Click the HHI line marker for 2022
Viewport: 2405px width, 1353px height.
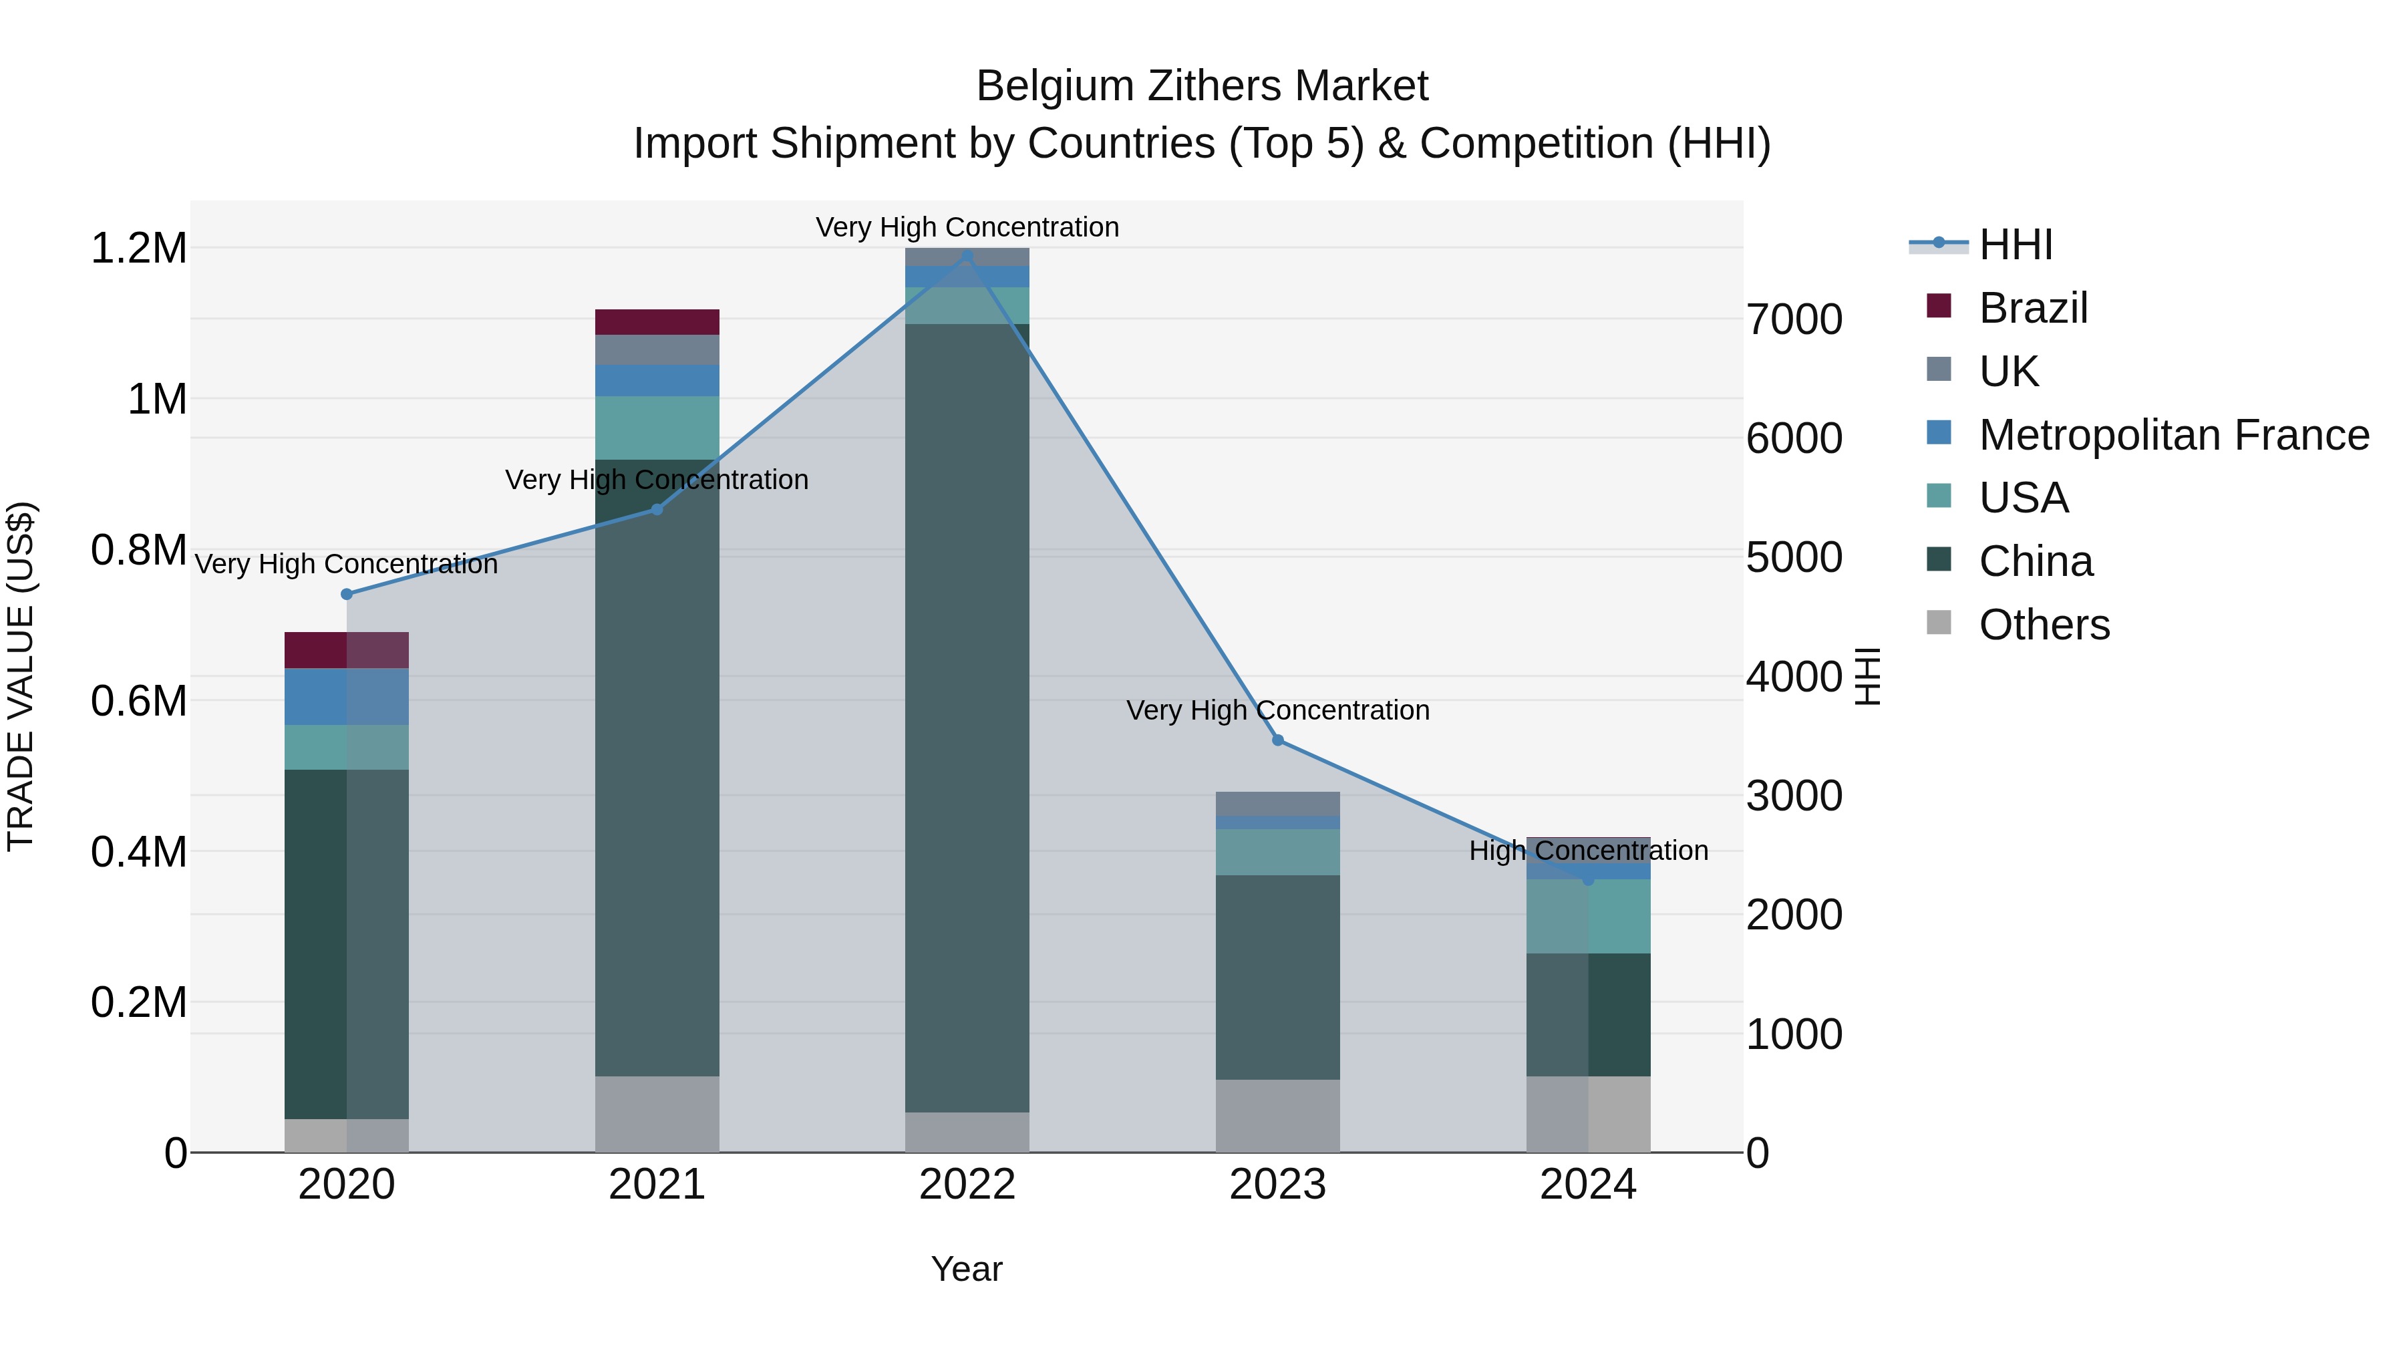pyautogui.click(x=967, y=256)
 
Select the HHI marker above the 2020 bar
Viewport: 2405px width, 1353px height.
pyautogui.click(x=346, y=594)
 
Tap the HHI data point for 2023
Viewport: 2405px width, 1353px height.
pyautogui.click(x=1278, y=740)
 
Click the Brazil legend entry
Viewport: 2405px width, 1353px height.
pyautogui.click(x=2032, y=308)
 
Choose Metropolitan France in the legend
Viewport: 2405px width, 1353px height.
pyautogui.click(x=2173, y=434)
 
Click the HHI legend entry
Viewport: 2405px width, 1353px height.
pyautogui.click(x=2015, y=245)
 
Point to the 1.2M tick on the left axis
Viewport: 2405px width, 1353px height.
pyautogui.click(x=138, y=249)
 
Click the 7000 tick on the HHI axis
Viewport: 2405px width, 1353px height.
pyautogui.click(x=1794, y=319)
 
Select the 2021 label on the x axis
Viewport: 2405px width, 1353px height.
pyautogui.click(x=656, y=1185)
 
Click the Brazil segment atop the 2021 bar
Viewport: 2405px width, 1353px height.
pyautogui.click(x=657, y=321)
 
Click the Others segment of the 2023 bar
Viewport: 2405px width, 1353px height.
pyautogui.click(x=1277, y=1116)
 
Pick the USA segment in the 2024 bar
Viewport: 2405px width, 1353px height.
pyautogui.click(x=1588, y=916)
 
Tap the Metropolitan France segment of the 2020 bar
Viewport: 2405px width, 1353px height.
pyautogui.click(x=346, y=697)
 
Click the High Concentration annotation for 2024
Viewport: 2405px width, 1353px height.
pyautogui.click(x=1588, y=851)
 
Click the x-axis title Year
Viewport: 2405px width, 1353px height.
pyautogui.click(x=966, y=1269)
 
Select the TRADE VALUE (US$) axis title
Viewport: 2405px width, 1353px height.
pyautogui.click(x=21, y=676)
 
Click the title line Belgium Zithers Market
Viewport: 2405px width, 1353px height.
pyautogui.click(x=1202, y=86)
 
